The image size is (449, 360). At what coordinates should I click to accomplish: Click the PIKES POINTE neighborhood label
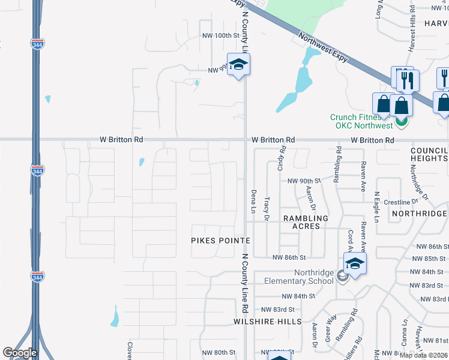point(220,240)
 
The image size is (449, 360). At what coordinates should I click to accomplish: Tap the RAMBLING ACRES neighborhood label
point(306,223)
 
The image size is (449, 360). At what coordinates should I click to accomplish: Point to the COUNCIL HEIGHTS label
point(429,154)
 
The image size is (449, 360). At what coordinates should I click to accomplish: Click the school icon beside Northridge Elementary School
point(355,264)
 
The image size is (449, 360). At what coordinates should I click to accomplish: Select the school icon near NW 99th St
point(238,65)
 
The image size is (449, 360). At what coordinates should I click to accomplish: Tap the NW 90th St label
point(304,181)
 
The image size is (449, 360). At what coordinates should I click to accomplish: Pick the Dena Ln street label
point(253,200)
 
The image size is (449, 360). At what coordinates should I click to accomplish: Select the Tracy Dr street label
point(267,207)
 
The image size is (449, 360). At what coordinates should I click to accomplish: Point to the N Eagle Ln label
point(377,207)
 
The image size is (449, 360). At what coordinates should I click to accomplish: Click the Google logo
point(20,353)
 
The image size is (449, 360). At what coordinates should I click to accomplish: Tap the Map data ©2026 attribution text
point(423,355)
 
